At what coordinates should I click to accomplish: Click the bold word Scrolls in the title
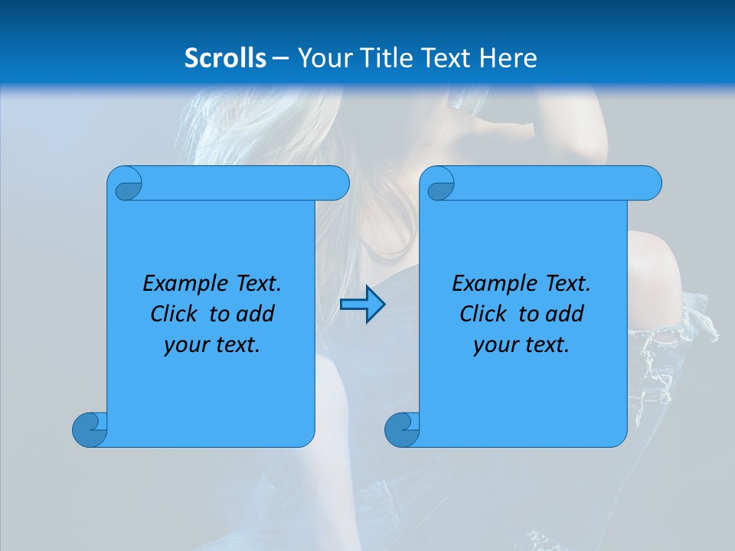coord(225,58)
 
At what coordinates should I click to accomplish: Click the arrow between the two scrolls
coord(362,305)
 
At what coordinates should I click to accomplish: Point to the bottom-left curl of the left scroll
coord(90,430)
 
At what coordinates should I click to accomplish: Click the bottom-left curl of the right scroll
coord(402,430)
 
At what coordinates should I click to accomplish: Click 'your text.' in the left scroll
coord(212,345)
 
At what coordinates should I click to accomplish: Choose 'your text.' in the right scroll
coord(521,345)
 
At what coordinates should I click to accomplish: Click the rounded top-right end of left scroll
coord(337,184)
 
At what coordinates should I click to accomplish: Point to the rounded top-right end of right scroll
coord(649,184)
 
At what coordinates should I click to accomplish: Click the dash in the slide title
coord(280,58)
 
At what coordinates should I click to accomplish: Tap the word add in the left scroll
coord(256,314)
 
